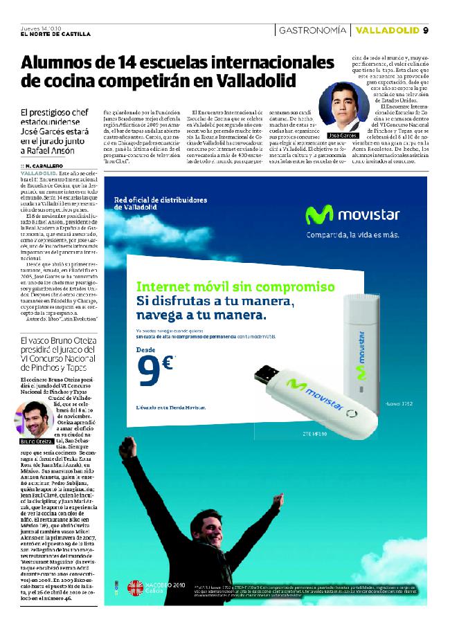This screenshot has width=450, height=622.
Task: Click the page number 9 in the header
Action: coord(426,30)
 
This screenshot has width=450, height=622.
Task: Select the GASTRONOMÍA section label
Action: coord(312,30)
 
